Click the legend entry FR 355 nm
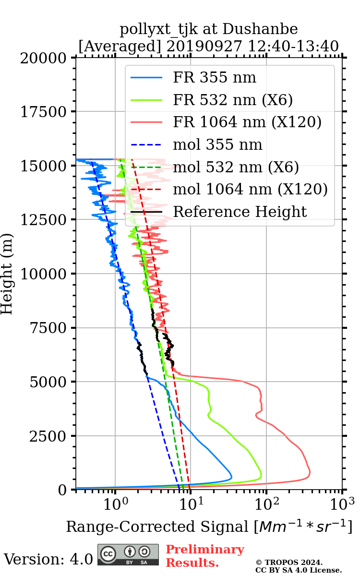point(215,77)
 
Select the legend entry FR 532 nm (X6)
point(233,100)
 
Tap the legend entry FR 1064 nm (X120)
point(247,122)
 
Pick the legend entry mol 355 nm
point(217,144)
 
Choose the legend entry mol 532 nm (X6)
point(236,167)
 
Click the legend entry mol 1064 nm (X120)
point(250,189)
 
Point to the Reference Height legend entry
point(240,212)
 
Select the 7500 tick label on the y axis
point(49,328)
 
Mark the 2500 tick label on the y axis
point(49,436)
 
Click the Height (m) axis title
point(7,274)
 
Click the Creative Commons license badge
point(128,554)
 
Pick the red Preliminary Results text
point(204,556)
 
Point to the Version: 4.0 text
point(48,559)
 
